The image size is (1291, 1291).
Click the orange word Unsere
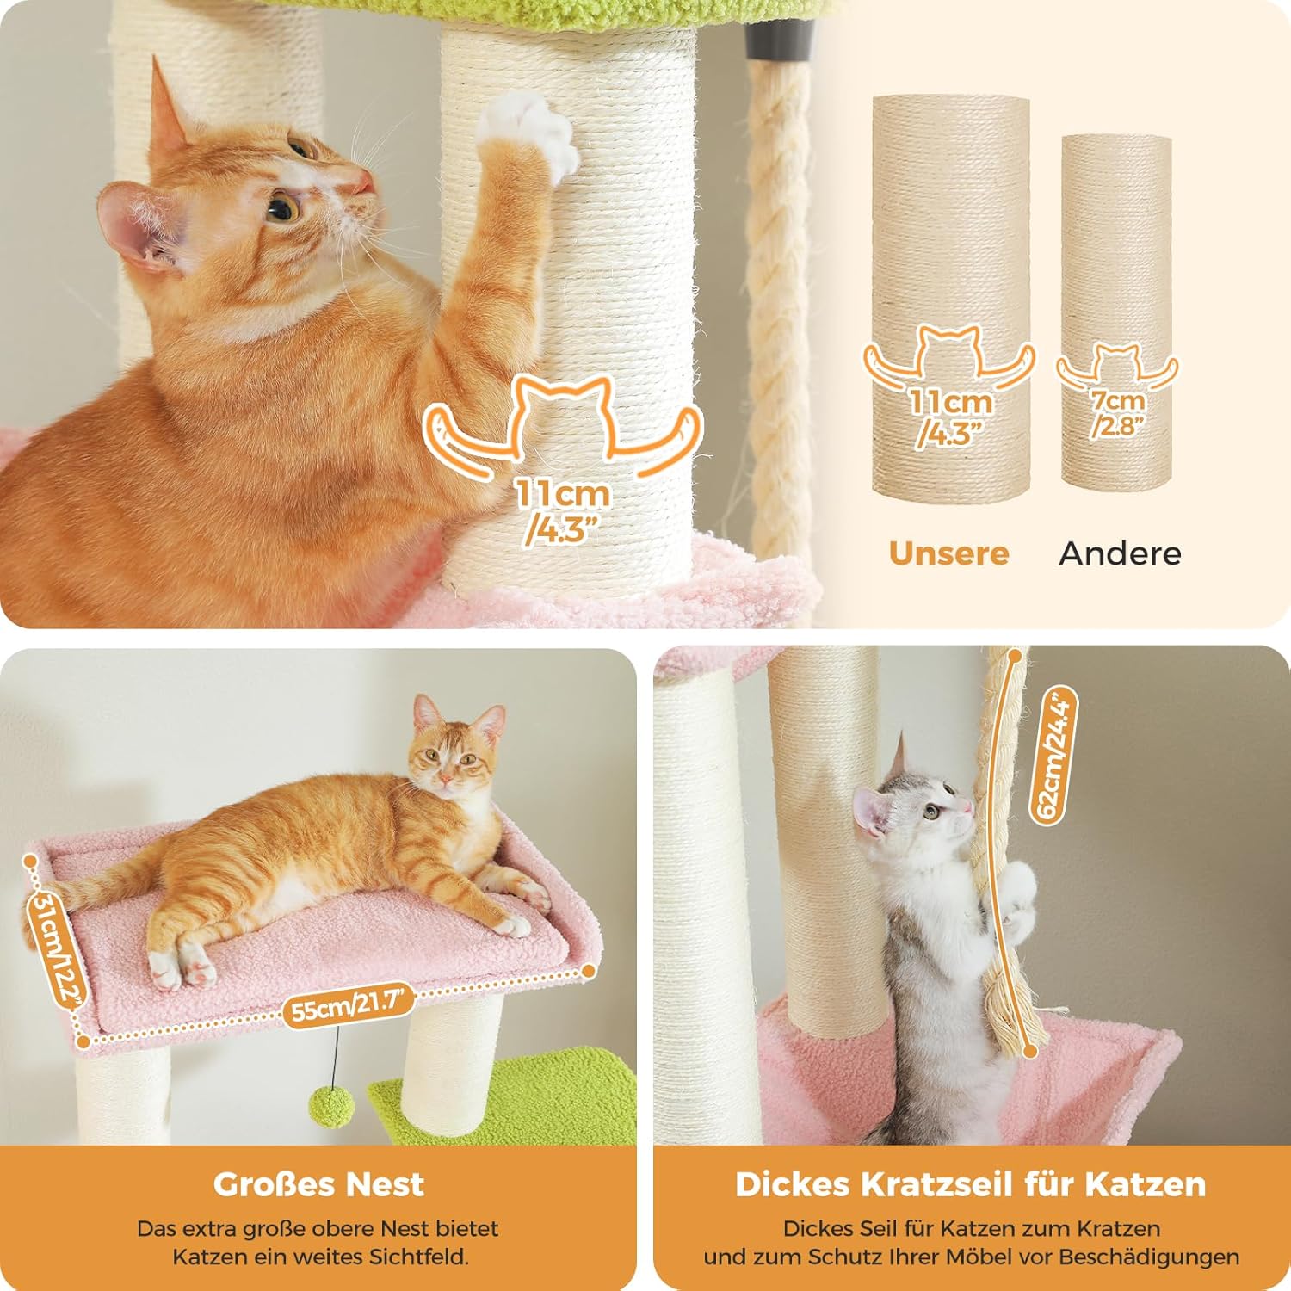pos(948,553)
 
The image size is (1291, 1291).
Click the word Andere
pos(1121,553)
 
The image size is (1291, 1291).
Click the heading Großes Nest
pos(318,1184)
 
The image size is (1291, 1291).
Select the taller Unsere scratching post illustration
pos(950,295)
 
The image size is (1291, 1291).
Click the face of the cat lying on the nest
pos(448,762)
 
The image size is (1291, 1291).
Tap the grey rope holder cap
pos(780,39)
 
